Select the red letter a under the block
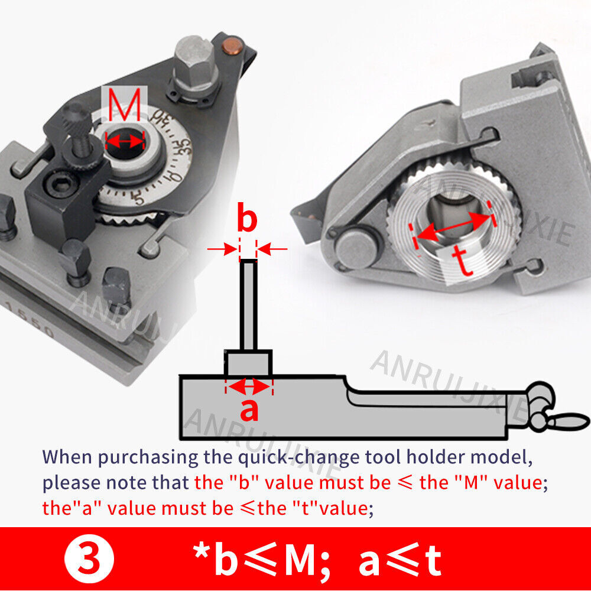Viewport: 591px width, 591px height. click(x=249, y=409)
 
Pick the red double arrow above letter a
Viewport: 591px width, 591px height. click(x=249, y=387)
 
